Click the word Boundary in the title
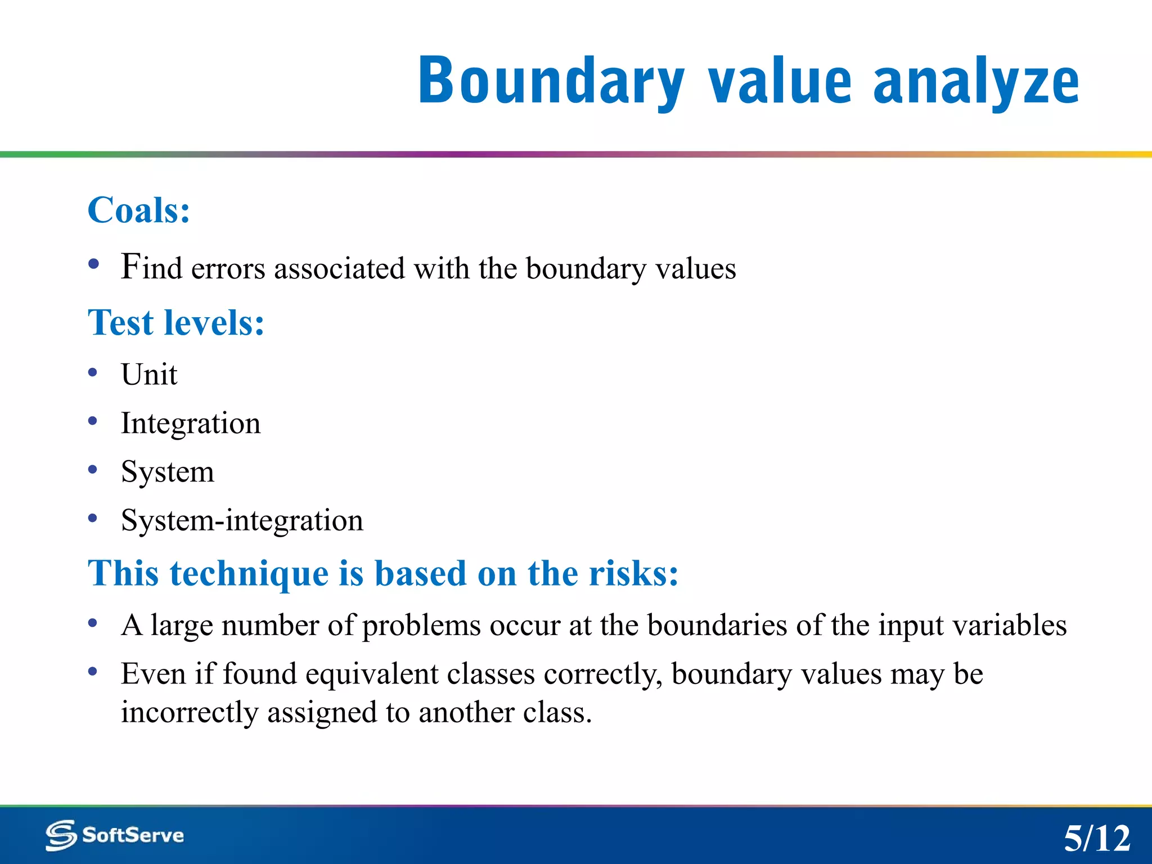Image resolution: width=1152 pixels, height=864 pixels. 551,82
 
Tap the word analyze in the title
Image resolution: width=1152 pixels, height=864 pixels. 976,82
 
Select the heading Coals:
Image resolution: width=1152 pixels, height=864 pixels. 139,210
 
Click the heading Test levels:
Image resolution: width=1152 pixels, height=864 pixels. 176,323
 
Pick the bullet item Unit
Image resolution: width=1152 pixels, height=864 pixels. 149,375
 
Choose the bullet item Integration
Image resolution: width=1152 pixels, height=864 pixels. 191,424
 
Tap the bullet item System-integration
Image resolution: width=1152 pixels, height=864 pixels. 242,520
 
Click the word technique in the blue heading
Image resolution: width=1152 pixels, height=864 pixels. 250,574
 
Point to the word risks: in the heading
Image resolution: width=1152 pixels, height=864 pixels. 633,574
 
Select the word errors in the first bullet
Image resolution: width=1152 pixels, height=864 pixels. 228,268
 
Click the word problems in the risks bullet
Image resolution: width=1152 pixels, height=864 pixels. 421,625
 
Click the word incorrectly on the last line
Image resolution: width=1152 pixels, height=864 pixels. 190,713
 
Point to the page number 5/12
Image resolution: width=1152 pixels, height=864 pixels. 1096,839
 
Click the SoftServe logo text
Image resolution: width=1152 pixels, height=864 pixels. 133,835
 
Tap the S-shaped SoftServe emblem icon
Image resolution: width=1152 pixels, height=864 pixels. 61,835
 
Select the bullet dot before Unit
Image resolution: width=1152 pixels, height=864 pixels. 93,373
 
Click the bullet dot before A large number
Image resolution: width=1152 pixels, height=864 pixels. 93,623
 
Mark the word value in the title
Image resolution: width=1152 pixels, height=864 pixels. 780,82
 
